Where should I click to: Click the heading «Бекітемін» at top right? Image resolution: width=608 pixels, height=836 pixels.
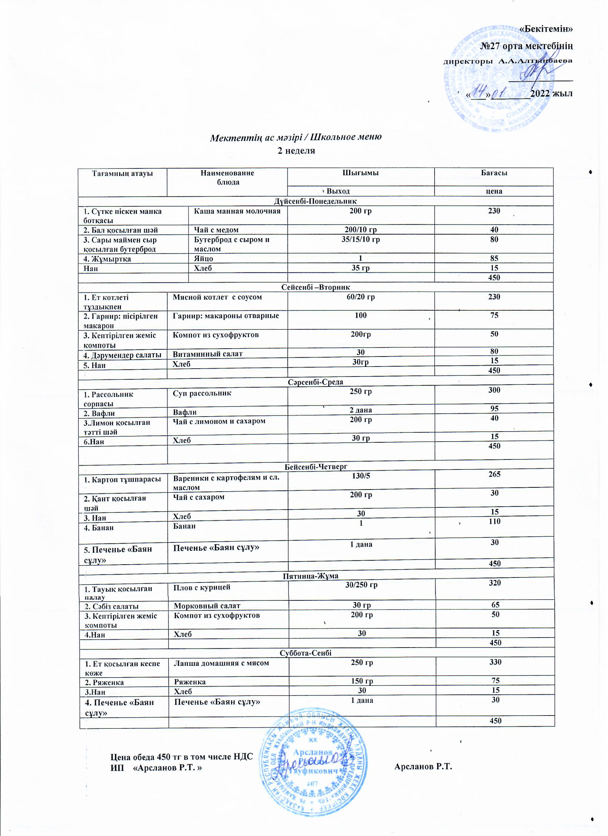[x=546, y=29]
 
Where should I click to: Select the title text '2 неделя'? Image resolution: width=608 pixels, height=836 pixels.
[x=296, y=151]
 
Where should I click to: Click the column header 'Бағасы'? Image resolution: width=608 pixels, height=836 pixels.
[x=494, y=173]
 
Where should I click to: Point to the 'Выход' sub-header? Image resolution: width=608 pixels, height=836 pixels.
[x=338, y=191]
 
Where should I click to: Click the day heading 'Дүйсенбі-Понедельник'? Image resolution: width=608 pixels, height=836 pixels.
[x=315, y=201]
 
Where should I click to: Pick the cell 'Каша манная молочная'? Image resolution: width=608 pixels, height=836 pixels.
[x=237, y=211]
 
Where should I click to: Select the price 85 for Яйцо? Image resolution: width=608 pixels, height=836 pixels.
[x=494, y=259]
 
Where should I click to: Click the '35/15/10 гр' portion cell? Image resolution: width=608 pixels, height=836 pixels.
[x=361, y=240]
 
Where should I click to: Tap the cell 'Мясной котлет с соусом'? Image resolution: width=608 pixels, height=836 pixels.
[x=217, y=297]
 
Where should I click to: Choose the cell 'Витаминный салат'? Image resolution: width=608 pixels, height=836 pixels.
[x=207, y=354]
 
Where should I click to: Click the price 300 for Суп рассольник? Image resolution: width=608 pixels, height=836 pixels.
[x=494, y=390]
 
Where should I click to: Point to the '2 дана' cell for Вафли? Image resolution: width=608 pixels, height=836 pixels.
[x=361, y=410]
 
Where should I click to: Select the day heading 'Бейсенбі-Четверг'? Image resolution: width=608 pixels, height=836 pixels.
[x=316, y=467]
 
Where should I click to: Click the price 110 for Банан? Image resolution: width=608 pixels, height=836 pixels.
[x=494, y=521]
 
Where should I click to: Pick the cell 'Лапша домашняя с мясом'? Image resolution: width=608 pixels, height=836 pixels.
[x=221, y=663]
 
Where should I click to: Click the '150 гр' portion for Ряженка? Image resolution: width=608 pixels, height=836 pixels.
[x=362, y=681]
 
